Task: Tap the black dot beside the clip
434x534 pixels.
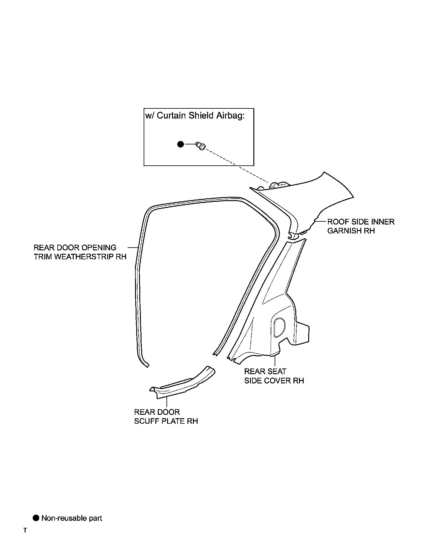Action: [x=181, y=144]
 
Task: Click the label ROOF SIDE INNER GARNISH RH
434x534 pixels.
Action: [x=361, y=226]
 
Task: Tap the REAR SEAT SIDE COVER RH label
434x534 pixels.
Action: [x=274, y=376]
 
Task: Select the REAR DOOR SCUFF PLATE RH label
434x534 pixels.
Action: [x=166, y=416]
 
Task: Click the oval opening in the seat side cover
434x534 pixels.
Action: [x=279, y=326]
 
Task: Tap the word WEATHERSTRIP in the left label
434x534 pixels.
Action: [x=84, y=257]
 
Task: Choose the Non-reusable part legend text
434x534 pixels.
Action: [x=72, y=518]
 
